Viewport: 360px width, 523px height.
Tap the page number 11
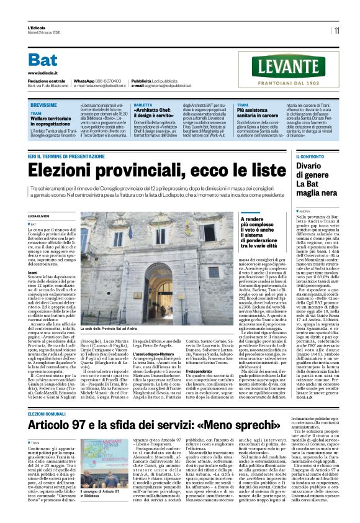point(336,30)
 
